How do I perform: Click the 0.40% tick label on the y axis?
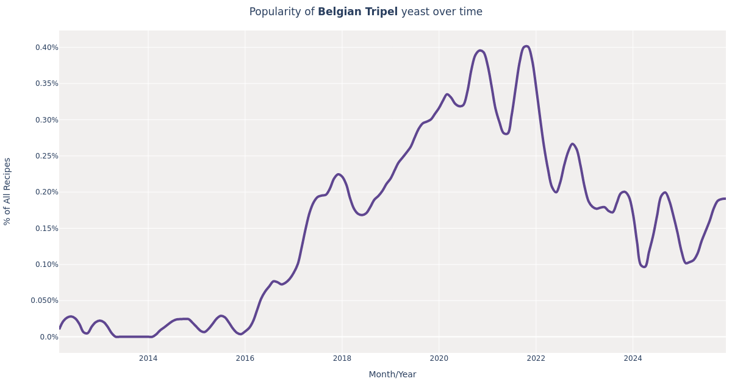coord(46,48)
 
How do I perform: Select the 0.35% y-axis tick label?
coord(46,84)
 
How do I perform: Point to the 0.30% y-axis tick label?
coord(46,120)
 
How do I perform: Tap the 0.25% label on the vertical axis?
coord(46,156)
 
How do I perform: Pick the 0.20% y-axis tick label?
coord(46,192)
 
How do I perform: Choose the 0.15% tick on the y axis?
coord(46,229)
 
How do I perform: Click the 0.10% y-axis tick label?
coord(46,265)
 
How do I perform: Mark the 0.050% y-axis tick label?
coord(45,300)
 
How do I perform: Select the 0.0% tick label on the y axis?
coord(49,337)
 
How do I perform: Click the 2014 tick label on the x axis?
coord(148,358)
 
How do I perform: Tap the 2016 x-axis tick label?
coord(245,358)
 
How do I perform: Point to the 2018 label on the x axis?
coord(342,358)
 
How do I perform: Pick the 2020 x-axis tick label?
coord(439,358)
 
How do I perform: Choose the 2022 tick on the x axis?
coord(536,358)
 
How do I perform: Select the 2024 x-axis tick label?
coord(633,358)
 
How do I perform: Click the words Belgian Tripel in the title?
coord(357,12)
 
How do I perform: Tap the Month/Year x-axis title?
coord(392,375)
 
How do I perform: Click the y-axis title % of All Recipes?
coord(8,191)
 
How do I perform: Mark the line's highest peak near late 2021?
coord(526,46)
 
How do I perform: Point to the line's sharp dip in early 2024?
coord(644,266)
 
